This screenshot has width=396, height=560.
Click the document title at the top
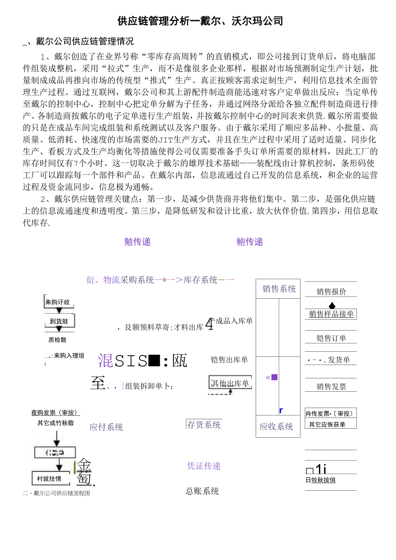(x=200, y=21)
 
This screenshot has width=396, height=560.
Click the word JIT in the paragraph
(x=164, y=139)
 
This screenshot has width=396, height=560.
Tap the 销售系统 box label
(x=279, y=289)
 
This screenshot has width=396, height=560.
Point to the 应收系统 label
(x=276, y=427)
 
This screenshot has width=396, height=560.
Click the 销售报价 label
(x=331, y=292)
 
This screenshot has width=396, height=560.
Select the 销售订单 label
(x=331, y=338)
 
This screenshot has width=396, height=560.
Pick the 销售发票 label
(x=331, y=387)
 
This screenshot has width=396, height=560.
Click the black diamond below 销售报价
(x=331, y=306)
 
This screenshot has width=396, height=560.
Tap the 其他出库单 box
(x=230, y=383)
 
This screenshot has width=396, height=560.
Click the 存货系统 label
(x=204, y=425)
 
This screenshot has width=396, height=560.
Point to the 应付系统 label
(x=106, y=427)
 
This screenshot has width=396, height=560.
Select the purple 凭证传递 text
(x=204, y=466)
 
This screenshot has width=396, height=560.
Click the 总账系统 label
(x=202, y=491)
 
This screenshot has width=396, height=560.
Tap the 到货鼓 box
(x=59, y=321)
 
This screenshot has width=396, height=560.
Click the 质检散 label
(x=57, y=340)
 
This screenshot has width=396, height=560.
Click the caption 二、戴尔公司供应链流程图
(x=56, y=493)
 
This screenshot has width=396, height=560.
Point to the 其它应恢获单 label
(x=327, y=424)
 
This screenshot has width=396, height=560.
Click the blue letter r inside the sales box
(x=281, y=411)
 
